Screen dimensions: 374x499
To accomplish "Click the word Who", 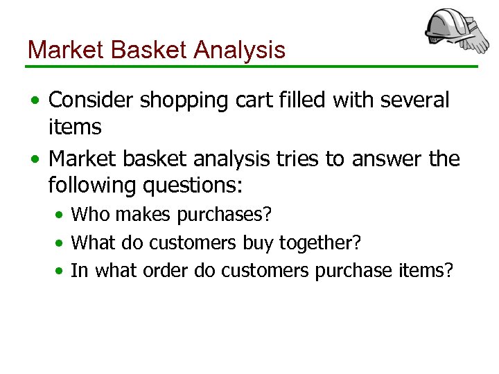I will point(91,215).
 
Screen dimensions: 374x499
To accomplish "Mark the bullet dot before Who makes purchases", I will point(61,215).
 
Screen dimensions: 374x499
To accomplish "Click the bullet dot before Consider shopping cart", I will point(35,101).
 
